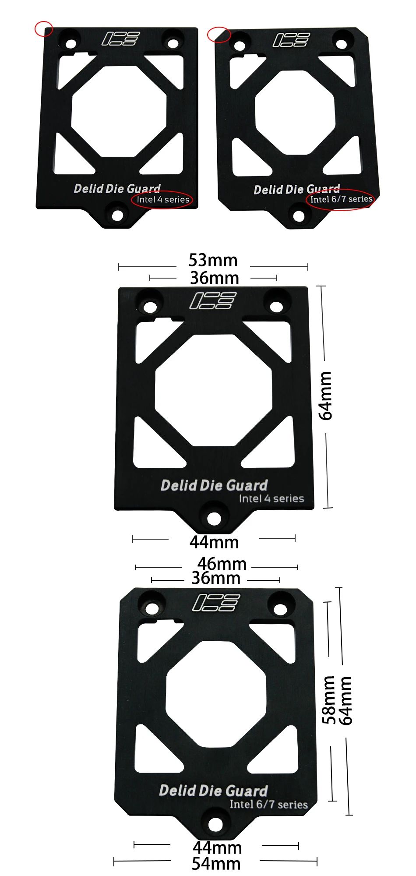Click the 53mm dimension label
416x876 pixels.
pyautogui.click(x=213, y=260)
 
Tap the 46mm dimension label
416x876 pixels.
pyautogui.click(x=222, y=564)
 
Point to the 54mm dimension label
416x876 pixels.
pyautogui.click(x=216, y=863)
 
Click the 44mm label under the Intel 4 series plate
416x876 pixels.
pyautogui.click(x=214, y=542)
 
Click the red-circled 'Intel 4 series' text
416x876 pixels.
pyautogui.click(x=162, y=200)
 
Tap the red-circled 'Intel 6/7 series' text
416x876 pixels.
pyautogui.click(x=341, y=199)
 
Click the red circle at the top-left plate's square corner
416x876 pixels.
pyautogui.click(x=44, y=29)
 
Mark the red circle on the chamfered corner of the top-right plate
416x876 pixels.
pyautogui.click(x=219, y=35)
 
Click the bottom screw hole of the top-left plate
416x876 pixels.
pyautogui.click(x=117, y=215)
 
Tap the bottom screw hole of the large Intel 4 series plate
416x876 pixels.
pyautogui.click(x=214, y=519)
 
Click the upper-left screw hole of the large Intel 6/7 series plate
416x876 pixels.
pyautogui.click(x=152, y=608)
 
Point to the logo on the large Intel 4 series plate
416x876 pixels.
pyautogui.click(x=213, y=300)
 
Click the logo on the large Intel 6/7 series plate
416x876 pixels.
pyautogui.click(x=216, y=603)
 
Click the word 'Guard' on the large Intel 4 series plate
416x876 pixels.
pyautogui.click(x=247, y=485)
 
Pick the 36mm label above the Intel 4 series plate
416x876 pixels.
pyautogui.click(x=215, y=278)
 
